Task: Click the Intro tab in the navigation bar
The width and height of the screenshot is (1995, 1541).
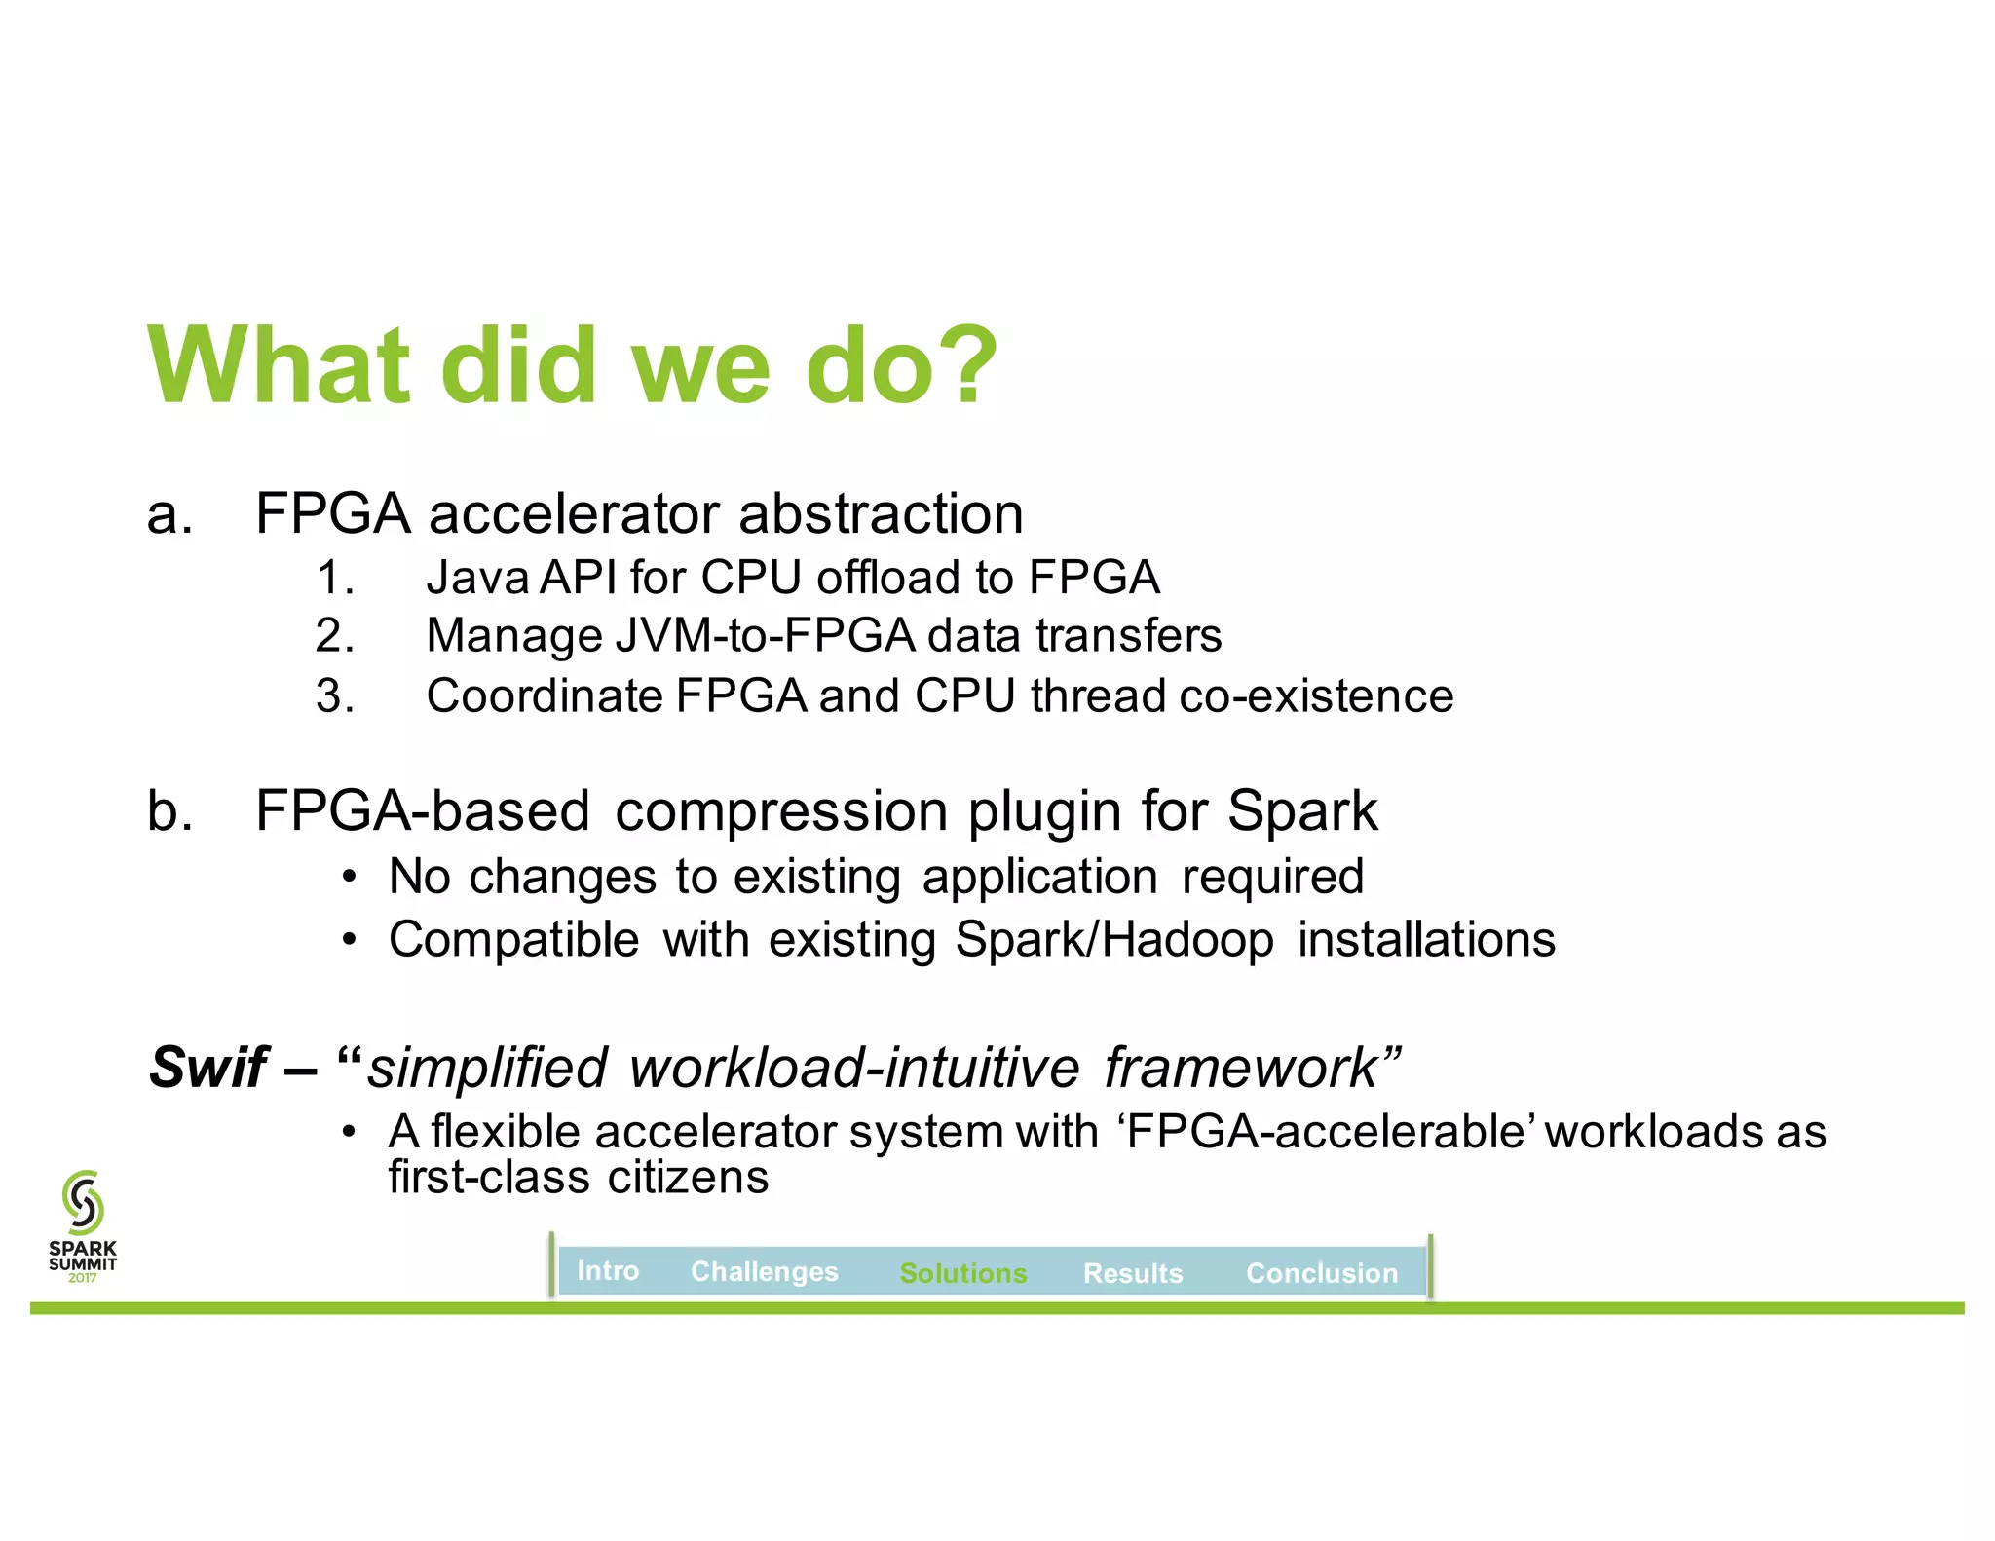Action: click(608, 1270)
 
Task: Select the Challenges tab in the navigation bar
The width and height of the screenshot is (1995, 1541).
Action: click(764, 1271)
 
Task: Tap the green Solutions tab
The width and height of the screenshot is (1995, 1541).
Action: click(962, 1272)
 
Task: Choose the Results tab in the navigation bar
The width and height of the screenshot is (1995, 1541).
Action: click(1132, 1272)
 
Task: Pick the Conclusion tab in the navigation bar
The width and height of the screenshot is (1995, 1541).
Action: click(1321, 1272)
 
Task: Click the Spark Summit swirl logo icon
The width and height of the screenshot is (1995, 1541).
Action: click(83, 1202)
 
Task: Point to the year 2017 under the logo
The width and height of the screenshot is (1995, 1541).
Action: click(83, 1278)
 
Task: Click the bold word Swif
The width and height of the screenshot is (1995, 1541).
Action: click(207, 1067)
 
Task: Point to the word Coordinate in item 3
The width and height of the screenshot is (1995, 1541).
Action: click(545, 695)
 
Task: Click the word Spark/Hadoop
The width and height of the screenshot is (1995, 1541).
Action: click(1113, 940)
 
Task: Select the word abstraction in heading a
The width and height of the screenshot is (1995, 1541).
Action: click(881, 513)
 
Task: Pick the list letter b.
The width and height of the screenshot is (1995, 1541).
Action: click(168, 810)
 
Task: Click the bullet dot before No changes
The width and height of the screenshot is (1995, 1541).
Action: click(349, 877)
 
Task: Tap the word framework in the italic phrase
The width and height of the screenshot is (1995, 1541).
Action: click(1239, 1068)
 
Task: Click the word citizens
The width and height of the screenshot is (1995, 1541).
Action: click(688, 1177)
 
